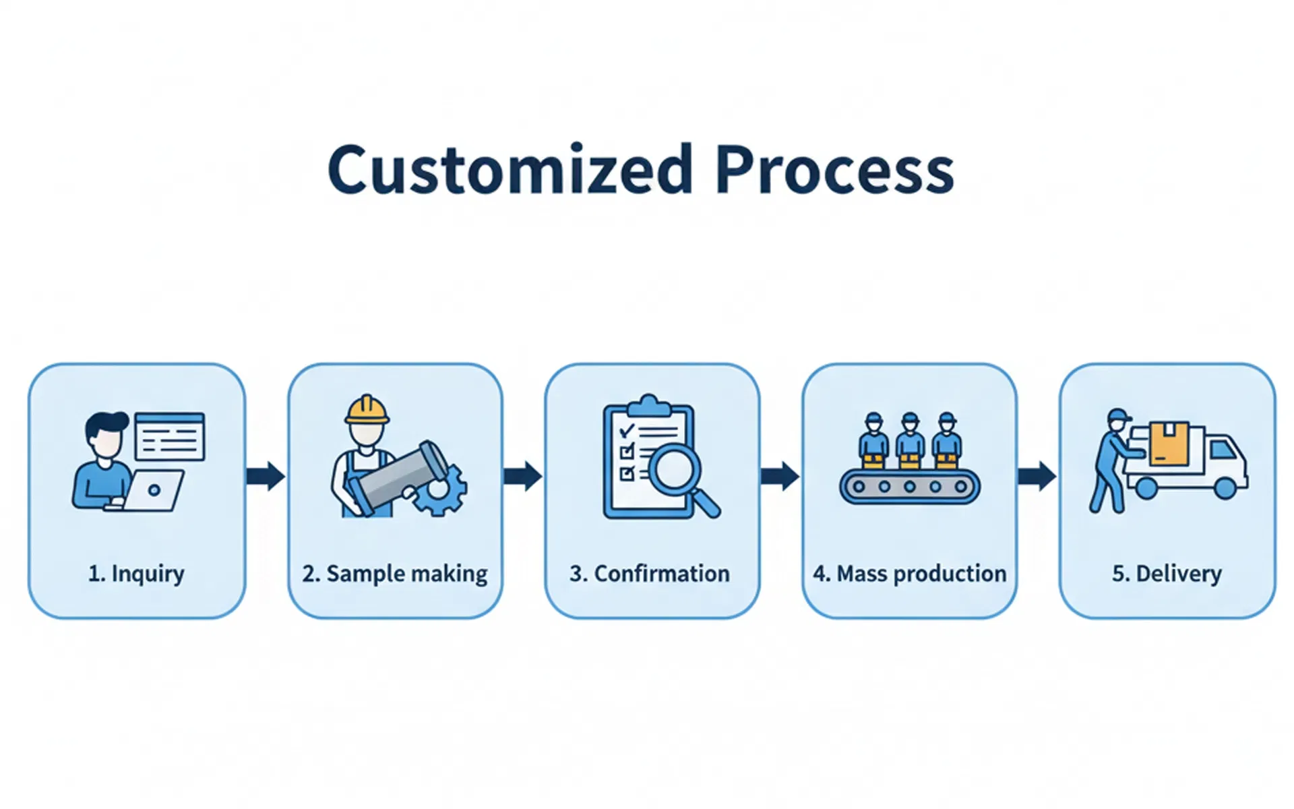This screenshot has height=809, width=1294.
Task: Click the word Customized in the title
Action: [x=510, y=169]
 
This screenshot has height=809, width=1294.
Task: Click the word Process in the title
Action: [x=834, y=169]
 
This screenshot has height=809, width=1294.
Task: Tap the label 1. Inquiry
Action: [x=136, y=574]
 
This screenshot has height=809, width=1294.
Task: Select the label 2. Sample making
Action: [x=395, y=574]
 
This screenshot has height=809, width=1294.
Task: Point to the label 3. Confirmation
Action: [x=650, y=574]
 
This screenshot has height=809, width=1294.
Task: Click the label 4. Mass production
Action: [x=909, y=574]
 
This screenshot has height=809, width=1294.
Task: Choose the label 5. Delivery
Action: [x=1167, y=574]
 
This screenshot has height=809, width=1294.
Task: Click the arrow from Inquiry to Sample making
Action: [x=266, y=476]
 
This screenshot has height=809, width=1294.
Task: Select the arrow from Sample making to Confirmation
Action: [x=522, y=476]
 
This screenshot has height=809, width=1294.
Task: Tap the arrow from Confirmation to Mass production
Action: [x=780, y=476]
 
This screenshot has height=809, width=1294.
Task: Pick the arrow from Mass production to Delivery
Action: [x=1037, y=476]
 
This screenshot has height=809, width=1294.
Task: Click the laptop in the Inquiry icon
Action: [x=154, y=490]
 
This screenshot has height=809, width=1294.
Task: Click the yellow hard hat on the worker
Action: [x=367, y=410]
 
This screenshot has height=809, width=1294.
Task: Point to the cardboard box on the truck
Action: [x=1169, y=444]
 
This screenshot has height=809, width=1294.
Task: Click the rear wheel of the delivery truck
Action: [x=1146, y=487]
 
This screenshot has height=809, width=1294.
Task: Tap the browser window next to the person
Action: [x=170, y=437]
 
